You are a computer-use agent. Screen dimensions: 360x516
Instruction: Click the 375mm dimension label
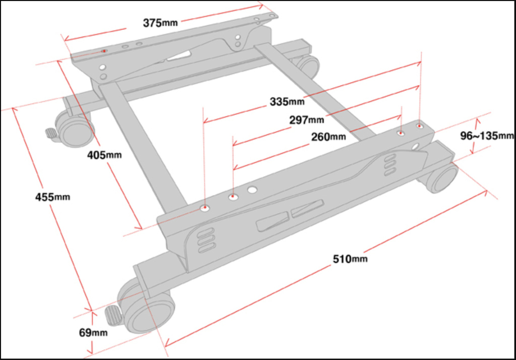(161, 23)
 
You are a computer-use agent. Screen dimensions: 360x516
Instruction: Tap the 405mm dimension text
(104, 155)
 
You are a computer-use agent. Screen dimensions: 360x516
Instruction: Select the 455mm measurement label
(52, 197)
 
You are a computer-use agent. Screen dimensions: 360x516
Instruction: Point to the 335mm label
(287, 101)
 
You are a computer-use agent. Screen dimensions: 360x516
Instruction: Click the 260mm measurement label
(328, 137)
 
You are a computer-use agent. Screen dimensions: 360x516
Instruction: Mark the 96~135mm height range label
(487, 135)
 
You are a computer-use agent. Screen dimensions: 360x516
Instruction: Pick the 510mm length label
(350, 259)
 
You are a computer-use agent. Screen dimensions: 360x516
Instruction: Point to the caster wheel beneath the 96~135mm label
(440, 178)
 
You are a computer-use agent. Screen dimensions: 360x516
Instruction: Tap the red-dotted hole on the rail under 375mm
(104, 51)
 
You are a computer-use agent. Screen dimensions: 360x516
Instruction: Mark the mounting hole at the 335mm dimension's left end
(205, 207)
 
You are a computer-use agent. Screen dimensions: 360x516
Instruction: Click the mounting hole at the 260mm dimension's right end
(401, 134)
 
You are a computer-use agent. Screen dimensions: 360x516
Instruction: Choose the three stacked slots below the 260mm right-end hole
(389, 165)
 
